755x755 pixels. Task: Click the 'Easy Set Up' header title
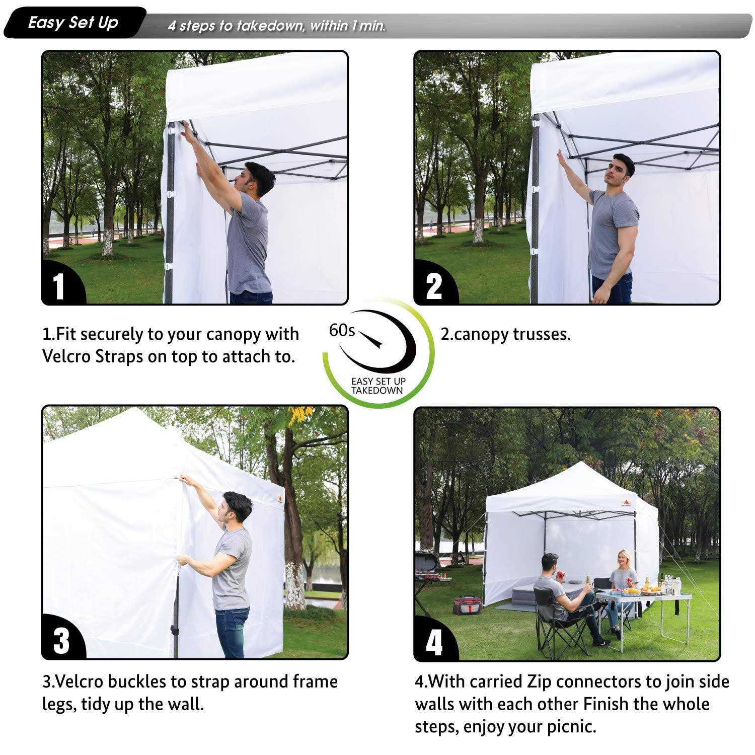(73, 23)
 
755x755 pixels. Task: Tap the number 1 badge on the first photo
(59, 286)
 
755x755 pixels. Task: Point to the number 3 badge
(61, 640)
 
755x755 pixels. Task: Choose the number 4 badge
(434, 642)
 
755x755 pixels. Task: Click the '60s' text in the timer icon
(342, 331)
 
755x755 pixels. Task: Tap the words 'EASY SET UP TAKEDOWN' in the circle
(377, 386)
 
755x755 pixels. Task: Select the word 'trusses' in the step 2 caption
(541, 334)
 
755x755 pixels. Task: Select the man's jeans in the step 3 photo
(232, 632)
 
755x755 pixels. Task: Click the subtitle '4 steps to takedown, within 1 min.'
(277, 26)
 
